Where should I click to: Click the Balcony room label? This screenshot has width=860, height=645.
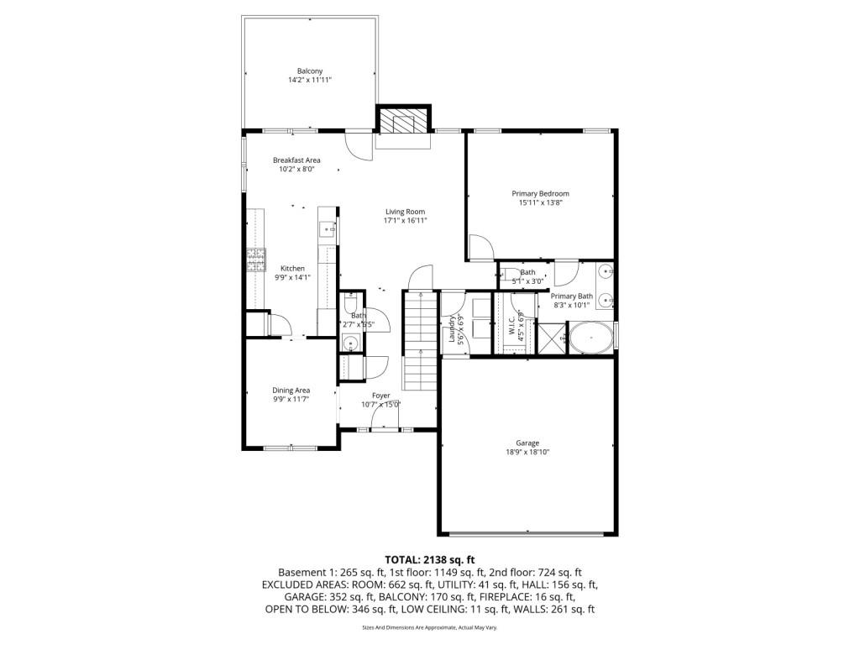(x=310, y=71)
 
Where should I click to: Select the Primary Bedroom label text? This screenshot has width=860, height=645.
(x=540, y=194)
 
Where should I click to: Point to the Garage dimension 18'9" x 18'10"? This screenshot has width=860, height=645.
(x=527, y=452)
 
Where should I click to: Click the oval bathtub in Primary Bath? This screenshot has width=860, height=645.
(x=591, y=338)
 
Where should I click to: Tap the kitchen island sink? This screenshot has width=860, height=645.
(x=328, y=228)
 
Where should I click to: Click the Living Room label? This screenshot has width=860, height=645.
(x=406, y=212)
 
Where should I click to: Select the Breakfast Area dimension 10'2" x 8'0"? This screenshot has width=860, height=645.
(x=296, y=169)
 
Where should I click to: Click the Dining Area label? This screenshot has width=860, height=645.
(x=291, y=390)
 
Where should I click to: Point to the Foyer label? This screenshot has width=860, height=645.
(x=381, y=396)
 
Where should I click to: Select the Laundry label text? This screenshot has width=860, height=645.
(x=452, y=328)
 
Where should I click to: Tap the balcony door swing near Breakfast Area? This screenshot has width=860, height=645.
(x=359, y=144)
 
